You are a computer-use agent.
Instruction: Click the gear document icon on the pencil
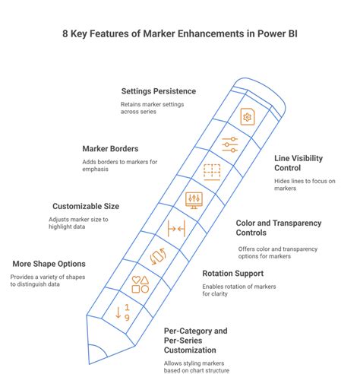click(x=248, y=116)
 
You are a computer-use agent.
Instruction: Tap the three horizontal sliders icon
click(x=230, y=144)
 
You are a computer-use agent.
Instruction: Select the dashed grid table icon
click(x=212, y=173)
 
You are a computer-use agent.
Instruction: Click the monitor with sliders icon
click(x=194, y=201)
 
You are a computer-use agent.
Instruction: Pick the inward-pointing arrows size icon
click(x=176, y=229)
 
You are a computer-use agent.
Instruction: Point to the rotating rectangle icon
click(x=158, y=256)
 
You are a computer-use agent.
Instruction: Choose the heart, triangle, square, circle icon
click(x=141, y=284)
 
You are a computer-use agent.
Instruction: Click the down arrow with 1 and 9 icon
click(x=123, y=312)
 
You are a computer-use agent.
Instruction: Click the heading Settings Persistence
click(x=159, y=91)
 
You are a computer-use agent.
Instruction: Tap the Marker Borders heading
click(x=110, y=149)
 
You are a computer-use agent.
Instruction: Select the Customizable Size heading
click(x=86, y=206)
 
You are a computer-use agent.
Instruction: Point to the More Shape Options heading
click(x=49, y=264)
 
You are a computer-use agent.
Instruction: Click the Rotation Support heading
click(x=233, y=274)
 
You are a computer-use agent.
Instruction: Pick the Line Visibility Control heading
click(x=298, y=163)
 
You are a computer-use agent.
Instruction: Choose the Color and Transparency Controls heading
click(x=279, y=228)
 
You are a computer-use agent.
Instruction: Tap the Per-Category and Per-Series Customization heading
click(x=196, y=341)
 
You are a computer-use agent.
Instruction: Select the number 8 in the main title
click(x=65, y=33)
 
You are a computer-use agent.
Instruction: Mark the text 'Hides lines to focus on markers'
click(x=305, y=185)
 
